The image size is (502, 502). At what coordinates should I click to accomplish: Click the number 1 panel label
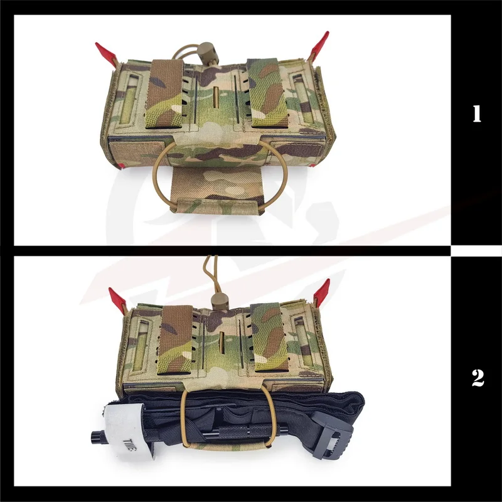pos(477,114)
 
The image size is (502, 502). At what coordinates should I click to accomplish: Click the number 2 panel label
pos(478,378)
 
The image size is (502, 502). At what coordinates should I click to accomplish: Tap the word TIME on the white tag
pos(130,445)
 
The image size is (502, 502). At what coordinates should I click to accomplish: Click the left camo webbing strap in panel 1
pos(164,93)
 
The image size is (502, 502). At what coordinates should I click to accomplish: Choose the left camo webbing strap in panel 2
pos(176,339)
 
